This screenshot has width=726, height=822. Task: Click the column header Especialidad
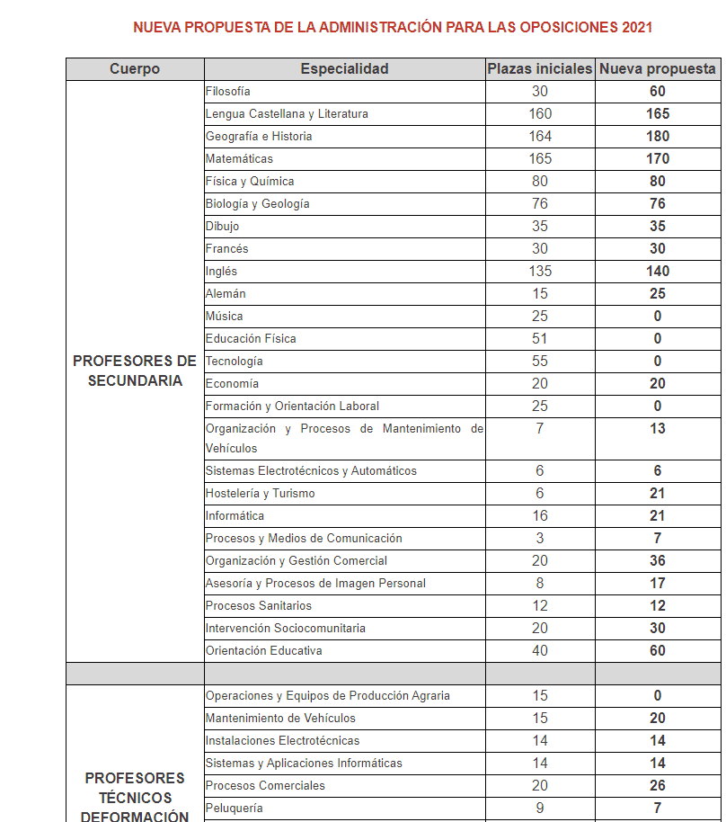click(344, 69)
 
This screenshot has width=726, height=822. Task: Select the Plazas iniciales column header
click(539, 69)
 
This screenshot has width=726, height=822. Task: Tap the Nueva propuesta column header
click(658, 69)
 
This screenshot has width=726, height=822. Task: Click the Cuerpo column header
click(135, 69)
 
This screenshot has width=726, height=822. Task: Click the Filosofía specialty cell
click(228, 92)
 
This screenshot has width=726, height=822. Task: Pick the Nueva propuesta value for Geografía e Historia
click(658, 137)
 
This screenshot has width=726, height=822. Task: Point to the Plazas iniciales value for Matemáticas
click(540, 159)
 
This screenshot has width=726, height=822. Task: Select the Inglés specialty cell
click(221, 272)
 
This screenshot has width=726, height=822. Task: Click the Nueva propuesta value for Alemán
click(658, 294)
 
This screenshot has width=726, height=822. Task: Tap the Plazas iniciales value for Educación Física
click(540, 339)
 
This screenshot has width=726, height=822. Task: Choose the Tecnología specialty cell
click(235, 362)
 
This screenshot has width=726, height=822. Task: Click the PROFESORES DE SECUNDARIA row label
click(135, 371)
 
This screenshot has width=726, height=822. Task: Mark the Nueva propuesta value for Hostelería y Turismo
click(658, 494)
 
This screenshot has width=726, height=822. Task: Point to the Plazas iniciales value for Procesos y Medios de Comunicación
click(540, 539)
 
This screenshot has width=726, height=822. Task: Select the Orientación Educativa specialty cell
click(263, 651)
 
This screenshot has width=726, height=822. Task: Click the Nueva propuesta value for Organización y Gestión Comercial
click(658, 561)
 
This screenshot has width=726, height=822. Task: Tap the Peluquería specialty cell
click(235, 809)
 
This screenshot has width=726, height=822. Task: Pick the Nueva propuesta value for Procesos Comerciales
click(658, 786)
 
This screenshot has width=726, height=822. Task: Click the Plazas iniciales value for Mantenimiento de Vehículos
click(540, 719)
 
